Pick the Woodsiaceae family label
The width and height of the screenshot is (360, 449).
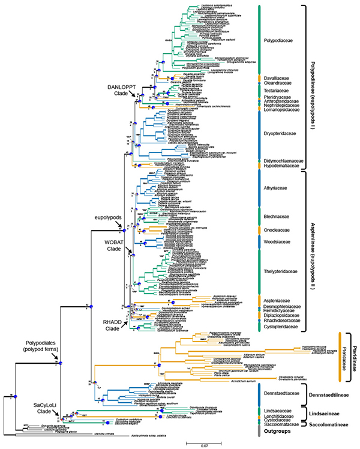click(x=277, y=242)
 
